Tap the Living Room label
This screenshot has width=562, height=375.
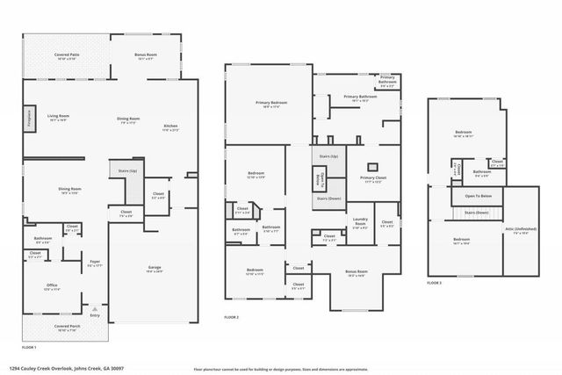point(59,118)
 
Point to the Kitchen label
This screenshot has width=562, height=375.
point(170,128)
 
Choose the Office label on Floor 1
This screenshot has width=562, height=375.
point(52,286)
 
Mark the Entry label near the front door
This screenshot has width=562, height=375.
point(95,316)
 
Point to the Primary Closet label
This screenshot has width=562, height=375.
point(372,181)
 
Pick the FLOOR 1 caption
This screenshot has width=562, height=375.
point(28,349)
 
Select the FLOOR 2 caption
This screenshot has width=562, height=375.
point(232,316)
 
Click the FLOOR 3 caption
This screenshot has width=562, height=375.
point(435,283)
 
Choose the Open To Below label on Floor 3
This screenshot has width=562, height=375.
point(478,196)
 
